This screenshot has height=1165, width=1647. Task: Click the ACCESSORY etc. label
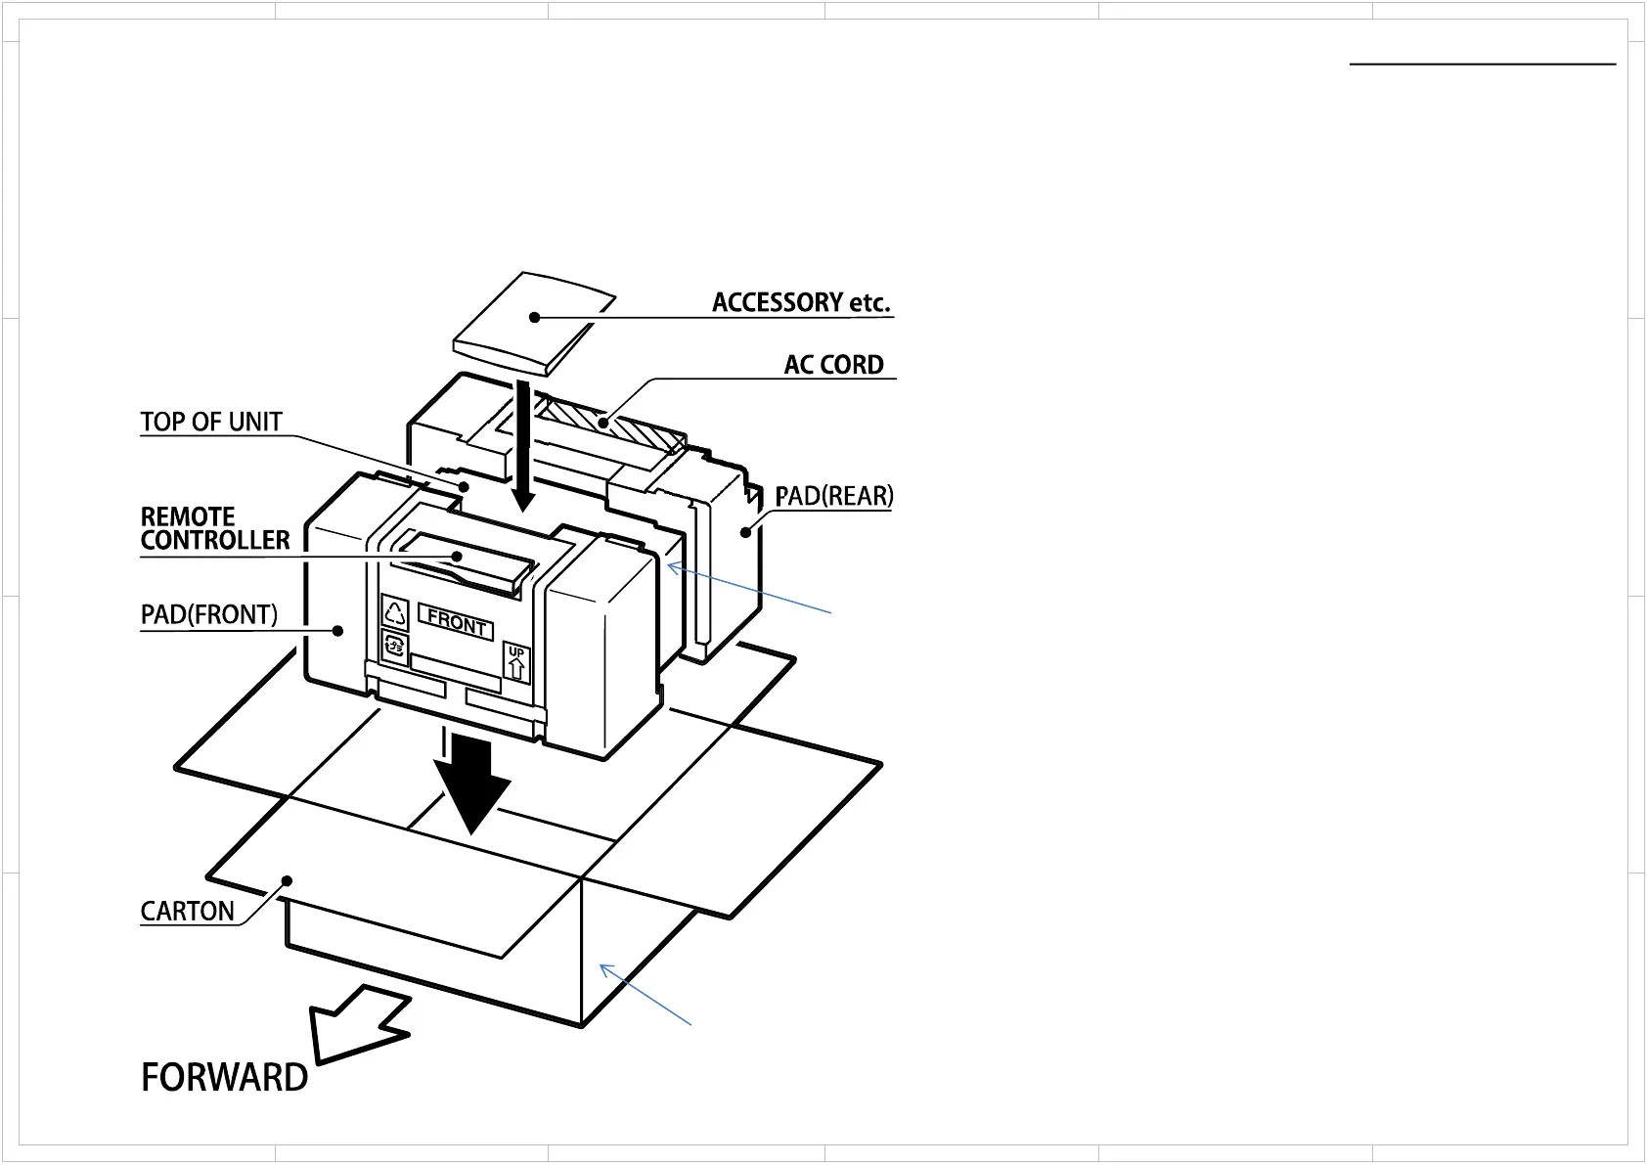[800, 302]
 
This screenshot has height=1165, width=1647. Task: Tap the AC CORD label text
[833, 365]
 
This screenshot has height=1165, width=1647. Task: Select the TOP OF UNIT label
[211, 422]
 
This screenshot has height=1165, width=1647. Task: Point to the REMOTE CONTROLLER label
[215, 528]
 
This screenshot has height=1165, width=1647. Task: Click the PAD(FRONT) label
[209, 614]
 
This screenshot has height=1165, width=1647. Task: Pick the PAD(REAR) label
[834, 496]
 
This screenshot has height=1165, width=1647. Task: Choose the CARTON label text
[188, 911]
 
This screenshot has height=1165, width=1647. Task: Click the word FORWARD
[225, 1077]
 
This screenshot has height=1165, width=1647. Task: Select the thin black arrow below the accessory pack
[524, 445]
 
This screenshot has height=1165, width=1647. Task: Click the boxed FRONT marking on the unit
[456, 622]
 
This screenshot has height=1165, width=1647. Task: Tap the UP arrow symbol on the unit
[516, 664]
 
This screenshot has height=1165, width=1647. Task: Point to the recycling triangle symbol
[395, 613]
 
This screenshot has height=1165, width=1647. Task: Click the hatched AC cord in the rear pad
[611, 425]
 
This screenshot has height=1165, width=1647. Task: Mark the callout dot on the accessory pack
[534, 316]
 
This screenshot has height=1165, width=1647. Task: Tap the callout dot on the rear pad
[745, 532]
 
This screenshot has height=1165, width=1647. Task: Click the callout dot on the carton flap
[287, 878]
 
